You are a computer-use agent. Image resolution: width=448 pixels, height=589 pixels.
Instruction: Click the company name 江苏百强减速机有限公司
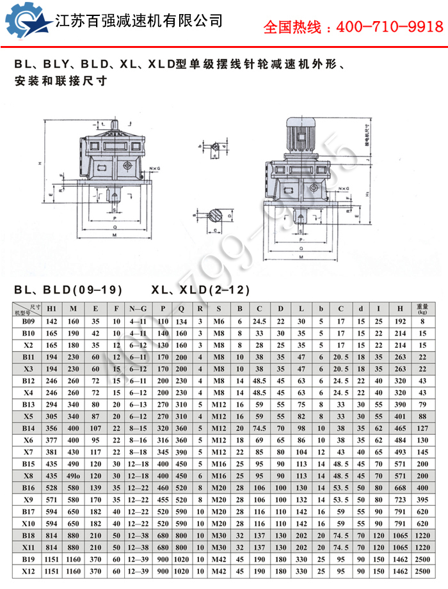pos(140,20)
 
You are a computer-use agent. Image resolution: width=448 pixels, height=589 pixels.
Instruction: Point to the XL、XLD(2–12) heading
pos(200,290)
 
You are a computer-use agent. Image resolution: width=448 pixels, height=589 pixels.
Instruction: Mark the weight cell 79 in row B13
pos(422,405)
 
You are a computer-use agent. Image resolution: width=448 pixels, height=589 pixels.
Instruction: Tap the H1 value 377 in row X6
pos(52,441)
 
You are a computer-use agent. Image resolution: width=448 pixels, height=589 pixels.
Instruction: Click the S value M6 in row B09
pos(219,322)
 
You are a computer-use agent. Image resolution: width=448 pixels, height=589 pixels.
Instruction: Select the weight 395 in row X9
pos(422,499)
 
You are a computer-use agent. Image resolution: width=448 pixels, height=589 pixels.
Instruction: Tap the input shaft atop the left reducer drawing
pos(114,125)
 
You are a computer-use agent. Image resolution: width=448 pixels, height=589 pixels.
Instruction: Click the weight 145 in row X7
pos(422,452)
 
